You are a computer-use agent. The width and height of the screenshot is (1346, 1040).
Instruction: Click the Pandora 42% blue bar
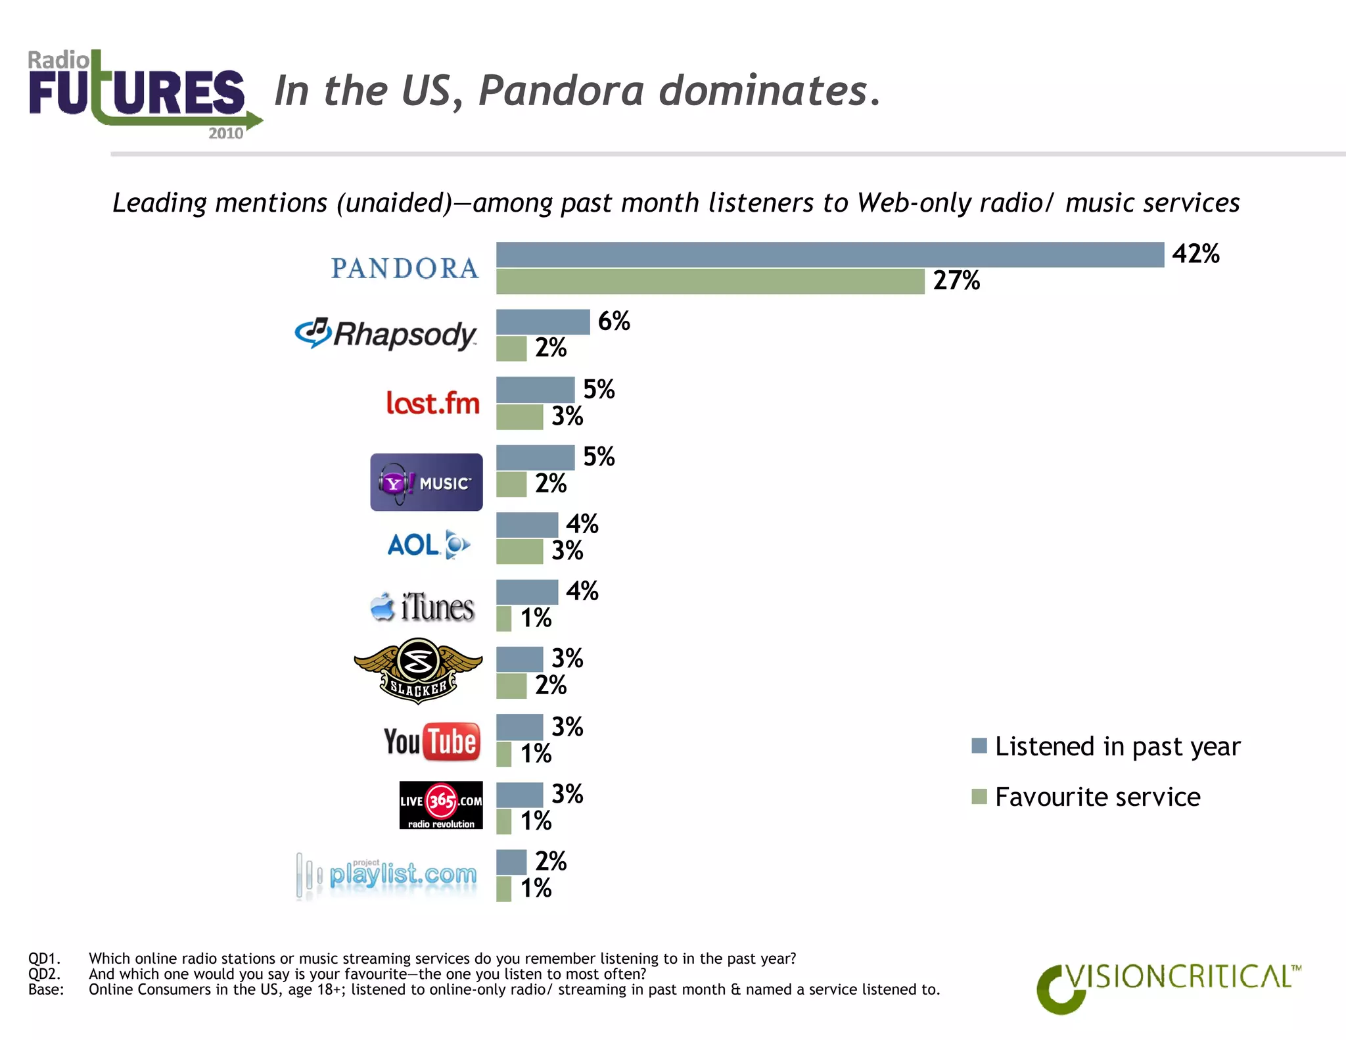(829, 255)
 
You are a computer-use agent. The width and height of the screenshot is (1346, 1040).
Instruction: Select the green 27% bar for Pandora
(710, 281)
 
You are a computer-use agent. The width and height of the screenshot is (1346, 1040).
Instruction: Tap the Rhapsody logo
(386, 334)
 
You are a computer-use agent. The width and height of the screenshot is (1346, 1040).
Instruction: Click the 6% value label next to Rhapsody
(614, 321)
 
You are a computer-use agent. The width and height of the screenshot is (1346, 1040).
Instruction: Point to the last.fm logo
(433, 402)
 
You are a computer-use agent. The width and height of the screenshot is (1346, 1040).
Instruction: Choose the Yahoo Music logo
(426, 482)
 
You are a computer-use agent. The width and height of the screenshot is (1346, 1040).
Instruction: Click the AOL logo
(429, 545)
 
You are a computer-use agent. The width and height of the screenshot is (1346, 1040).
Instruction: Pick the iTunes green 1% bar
(503, 619)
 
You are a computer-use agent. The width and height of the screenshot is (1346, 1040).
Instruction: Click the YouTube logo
(432, 742)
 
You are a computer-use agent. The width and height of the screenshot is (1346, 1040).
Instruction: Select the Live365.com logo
(441, 805)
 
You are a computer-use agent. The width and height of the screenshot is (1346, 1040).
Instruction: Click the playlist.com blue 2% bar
(511, 862)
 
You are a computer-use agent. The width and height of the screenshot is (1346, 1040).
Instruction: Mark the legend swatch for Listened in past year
(979, 745)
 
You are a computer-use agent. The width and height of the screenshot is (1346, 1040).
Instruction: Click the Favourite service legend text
(1097, 797)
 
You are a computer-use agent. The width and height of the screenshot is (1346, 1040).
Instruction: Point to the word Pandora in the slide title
(561, 90)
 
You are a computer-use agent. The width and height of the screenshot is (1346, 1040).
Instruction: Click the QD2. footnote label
(44, 974)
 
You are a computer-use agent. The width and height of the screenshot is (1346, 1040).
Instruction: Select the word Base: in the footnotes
(45, 989)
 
